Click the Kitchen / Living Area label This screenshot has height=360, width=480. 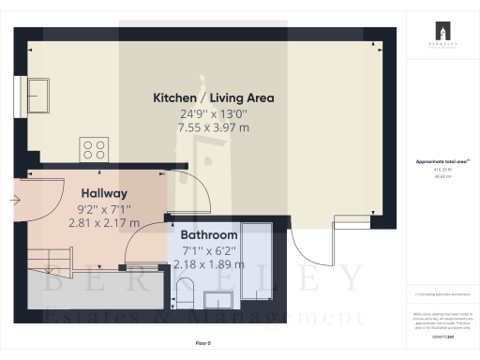(x=206, y=97)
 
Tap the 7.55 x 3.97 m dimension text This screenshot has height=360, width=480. (x=206, y=127)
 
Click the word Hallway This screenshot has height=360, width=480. (x=103, y=193)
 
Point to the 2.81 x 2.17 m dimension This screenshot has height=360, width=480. (x=103, y=223)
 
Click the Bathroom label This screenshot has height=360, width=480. (x=206, y=235)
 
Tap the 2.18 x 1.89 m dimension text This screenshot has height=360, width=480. (x=206, y=264)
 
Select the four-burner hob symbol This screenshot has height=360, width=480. (x=94, y=150)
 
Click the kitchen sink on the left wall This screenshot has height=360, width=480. (x=40, y=94)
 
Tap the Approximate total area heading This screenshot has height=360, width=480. (x=441, y=161)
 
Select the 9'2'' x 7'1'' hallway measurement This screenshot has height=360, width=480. (x=103, y=208)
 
